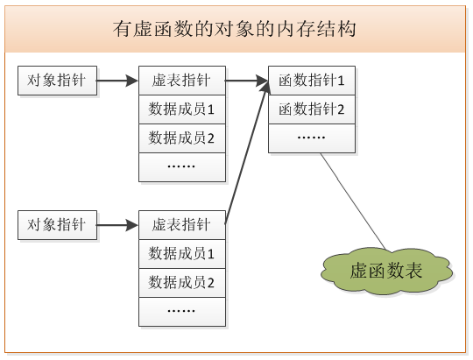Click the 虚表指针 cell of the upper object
pos(181,81)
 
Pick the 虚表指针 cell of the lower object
pos(181,225)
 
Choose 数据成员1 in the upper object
pos(181,109)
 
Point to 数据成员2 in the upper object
pos(181,138)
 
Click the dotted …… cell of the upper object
pos(181,166)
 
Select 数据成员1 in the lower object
pos(181,254)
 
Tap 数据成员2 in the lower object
pos(181,283)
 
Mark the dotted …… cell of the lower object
pos(181,311)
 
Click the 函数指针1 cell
pos(311,81)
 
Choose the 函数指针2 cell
pos(311,109)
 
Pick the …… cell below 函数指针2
pos(311,138)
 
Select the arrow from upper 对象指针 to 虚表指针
pos(117,81)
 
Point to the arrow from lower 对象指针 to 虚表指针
pos(117,225)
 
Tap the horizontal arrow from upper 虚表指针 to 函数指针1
pos(246,81)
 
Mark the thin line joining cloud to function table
pos(353,201)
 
